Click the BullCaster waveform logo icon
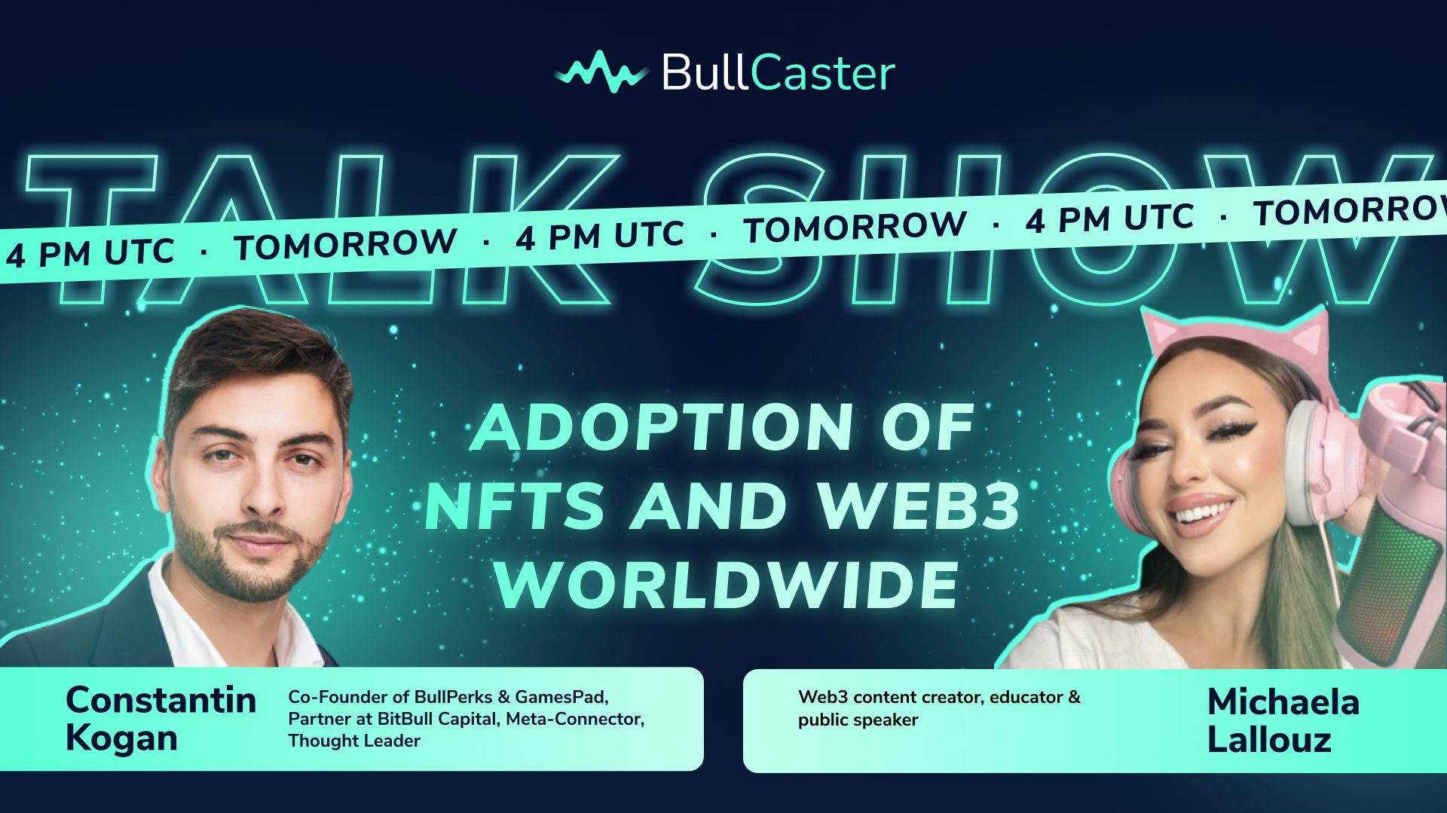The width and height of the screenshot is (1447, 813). pyautogui.click(x=601, y=72)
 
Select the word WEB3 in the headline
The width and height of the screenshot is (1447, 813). pyautogui.click(x=919, y=506)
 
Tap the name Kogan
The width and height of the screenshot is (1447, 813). pyautogui.click(x=121, y=738)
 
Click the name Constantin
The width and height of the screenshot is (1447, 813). pyautogui.click(x=161, y=700)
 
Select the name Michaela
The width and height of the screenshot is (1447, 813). pyautogui.click(x=1283, y=702)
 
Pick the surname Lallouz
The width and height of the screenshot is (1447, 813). pyautogui.click(x=1269, y=739)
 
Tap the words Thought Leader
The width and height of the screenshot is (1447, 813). pyautogui.click(x=354, y=741)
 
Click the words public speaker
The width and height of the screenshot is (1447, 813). pyautogui.click(x=858, y=720)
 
